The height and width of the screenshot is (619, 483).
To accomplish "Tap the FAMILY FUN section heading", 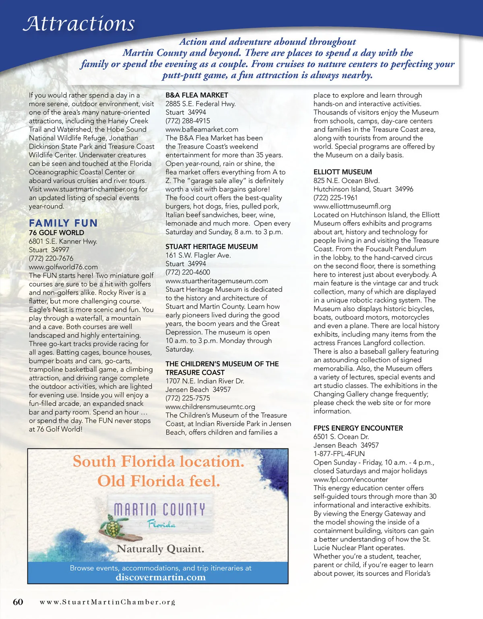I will click(x=63, y=223).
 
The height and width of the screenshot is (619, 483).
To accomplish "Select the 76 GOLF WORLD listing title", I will click(x=56, y=233).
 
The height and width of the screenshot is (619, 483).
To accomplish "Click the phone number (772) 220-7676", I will click(x=51, y=258).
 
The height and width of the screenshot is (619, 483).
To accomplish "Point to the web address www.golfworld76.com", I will click(x=63, y=267).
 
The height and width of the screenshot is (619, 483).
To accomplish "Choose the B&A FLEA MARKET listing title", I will click(x=197, y=95).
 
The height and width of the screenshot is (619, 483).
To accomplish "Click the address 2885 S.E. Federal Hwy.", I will click(x=200, y=104).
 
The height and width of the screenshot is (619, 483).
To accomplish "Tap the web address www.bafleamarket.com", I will click(x=202, y=130).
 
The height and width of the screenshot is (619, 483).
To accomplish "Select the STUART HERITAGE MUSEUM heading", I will click(x=212, y=247).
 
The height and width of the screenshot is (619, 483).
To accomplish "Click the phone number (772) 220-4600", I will click(x=188, y=272).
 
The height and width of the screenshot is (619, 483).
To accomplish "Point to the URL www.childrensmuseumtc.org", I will click(x=210, y=407).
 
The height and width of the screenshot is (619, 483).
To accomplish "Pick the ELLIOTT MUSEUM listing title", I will click(x=343, y=172).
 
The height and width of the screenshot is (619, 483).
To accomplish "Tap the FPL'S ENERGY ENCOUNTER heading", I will click(x=358, y=428).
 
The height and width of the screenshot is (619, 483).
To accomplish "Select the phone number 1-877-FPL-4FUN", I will click(x=339, y=454).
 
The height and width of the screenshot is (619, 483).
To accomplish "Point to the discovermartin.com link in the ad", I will click(x=161, y=577).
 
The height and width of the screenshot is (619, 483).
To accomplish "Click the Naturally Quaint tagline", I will click(x=160, y=549).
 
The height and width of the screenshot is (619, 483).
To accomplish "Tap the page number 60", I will click(x=18, y=602).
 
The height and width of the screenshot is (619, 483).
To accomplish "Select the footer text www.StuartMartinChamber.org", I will click(x=107, y=602).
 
